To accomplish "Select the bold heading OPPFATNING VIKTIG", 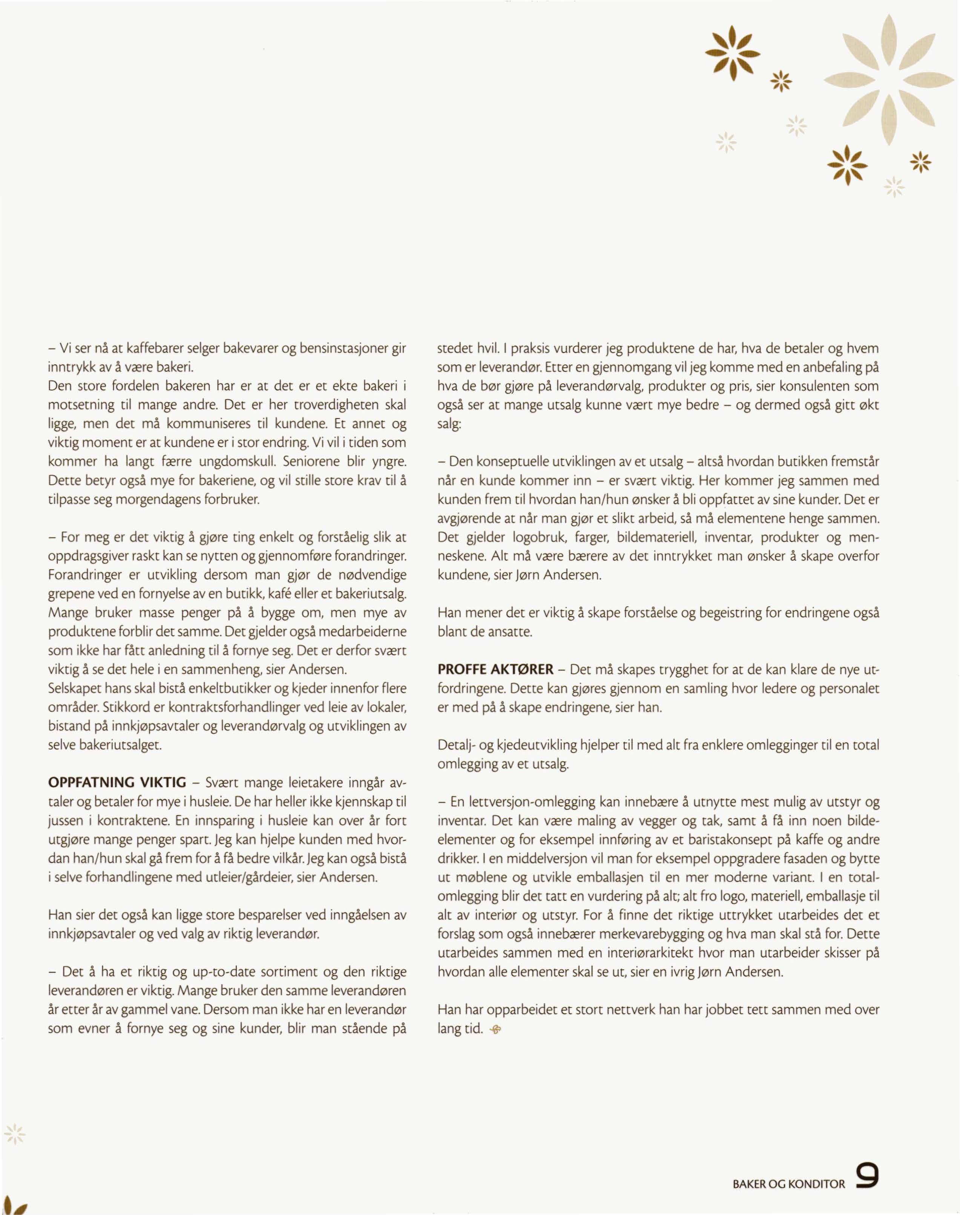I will (117, 783).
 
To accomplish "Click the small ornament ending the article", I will (495, 1030).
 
